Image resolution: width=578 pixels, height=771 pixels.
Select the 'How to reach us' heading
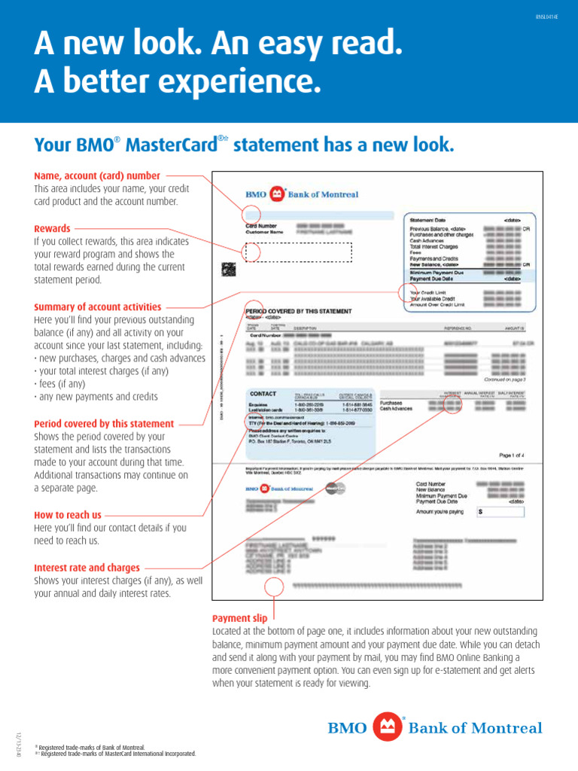(67, 515)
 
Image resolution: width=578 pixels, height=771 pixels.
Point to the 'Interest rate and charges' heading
(87, 568)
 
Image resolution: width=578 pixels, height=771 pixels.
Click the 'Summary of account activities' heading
(98, 307)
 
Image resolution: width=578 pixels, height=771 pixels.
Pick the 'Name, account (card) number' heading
(97, 176)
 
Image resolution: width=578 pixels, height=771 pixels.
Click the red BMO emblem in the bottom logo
(387, 727)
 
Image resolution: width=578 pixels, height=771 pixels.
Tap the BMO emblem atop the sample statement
(277, 194)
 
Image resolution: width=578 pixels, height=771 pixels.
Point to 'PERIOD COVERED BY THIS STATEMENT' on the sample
(298, 311)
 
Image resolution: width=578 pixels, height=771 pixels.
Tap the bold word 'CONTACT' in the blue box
(263, 394)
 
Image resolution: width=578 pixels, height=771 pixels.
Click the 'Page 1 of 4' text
(516, 456)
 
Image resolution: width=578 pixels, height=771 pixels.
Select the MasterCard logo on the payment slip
(339, 488)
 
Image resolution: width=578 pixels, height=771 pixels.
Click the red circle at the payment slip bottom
(275, 586)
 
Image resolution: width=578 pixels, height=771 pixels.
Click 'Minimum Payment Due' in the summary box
(437, 272)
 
